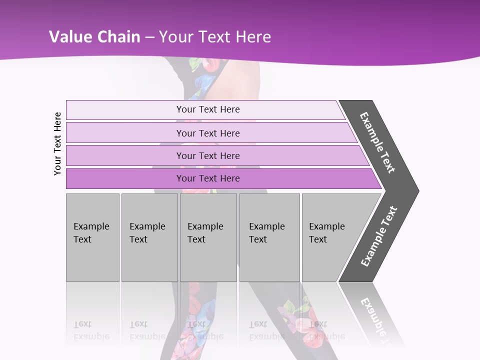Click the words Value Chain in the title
[x=94, y=37]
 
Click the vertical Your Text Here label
[x=57, y=143]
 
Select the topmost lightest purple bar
[x=205, y=109]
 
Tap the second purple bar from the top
[x=210, y=133]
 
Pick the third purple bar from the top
[x=215, y=155]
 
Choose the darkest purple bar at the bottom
[x=220, y=178]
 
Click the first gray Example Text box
[x=92, y=237]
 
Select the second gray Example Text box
[x=149, y=237]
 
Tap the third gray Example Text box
[x=208, y=237]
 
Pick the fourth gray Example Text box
[x=269, y=237]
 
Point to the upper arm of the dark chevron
[x=378, y=142]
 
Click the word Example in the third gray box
[x=205, y=226]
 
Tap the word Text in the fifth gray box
[x=318, y=239]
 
